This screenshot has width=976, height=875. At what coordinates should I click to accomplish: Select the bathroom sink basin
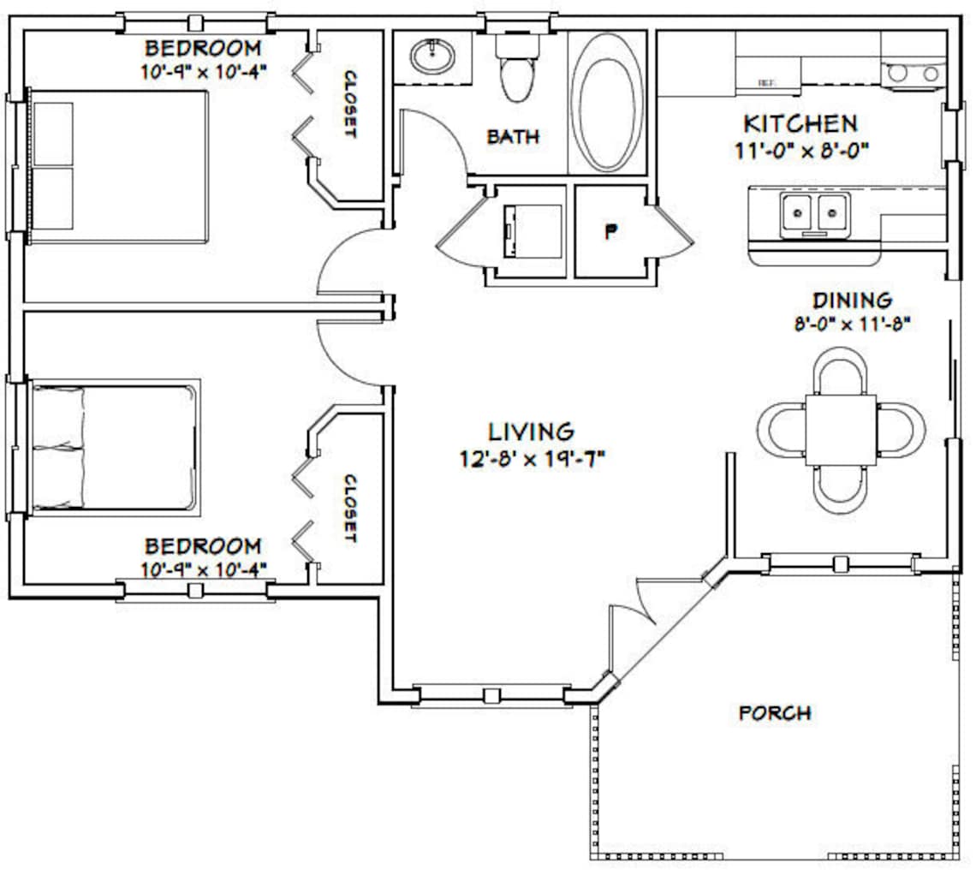click(x=432, y=57)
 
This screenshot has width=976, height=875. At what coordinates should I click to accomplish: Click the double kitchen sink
click(x=814, y=211)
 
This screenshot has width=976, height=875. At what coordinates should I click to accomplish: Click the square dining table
click(x=840, y=429)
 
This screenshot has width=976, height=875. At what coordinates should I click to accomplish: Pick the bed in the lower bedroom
click(x=113, y=448)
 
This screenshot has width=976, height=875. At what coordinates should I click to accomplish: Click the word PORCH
click(x=775, y=712)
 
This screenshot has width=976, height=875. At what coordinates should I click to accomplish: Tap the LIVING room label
click(x=531, y=431)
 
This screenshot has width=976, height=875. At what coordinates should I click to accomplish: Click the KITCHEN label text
click(x=800, y=123)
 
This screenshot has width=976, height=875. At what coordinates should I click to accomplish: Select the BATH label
click(x=514, y=136)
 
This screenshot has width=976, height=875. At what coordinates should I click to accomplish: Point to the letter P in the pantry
click(x=610, y=231)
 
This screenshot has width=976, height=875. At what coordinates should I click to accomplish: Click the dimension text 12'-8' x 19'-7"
click(x=532, y=459)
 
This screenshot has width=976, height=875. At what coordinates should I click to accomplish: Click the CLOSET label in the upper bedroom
click(x=350, y=104)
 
